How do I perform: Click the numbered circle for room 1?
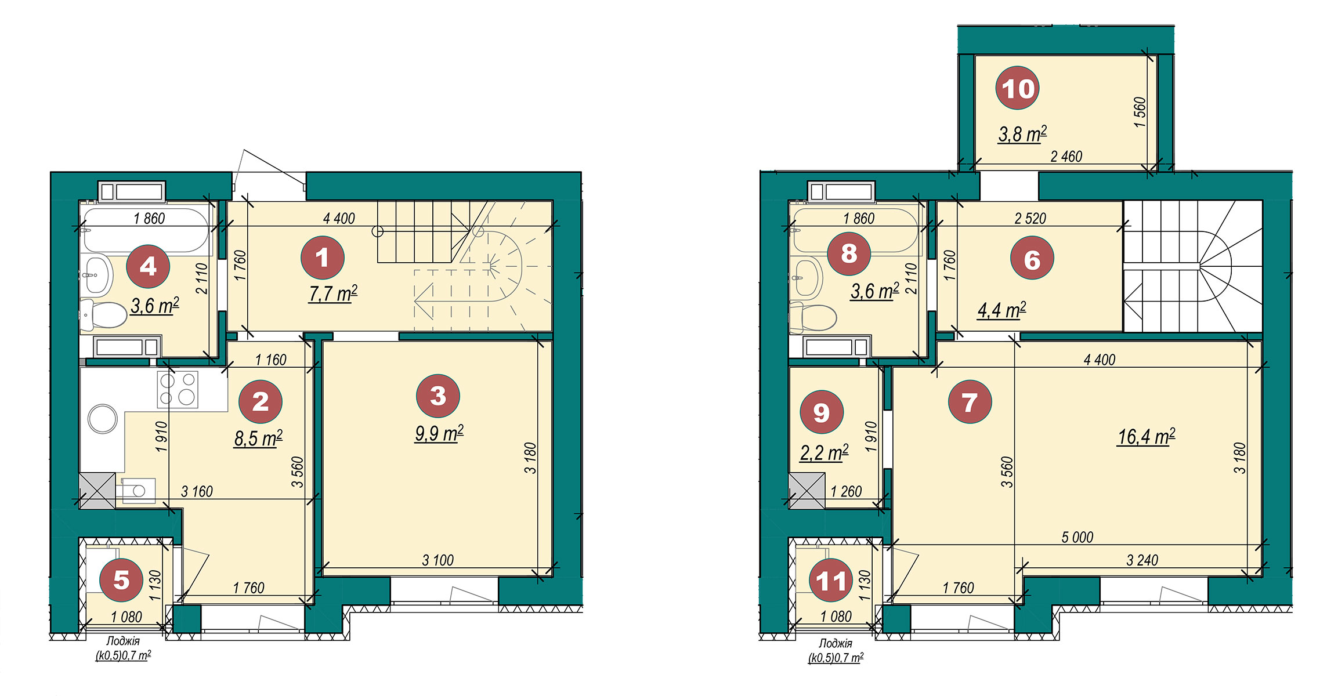322,258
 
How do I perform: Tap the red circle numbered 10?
1017,88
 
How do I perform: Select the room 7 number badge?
970,401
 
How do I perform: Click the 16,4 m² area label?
1147,437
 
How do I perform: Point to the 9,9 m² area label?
439,433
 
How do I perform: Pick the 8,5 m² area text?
258,438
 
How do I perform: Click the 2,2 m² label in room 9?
824,452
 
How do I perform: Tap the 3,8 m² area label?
1022,134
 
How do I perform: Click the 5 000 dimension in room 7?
1077,537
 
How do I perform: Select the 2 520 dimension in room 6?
1030,218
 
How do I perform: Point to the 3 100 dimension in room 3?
437,560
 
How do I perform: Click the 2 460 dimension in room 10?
1066,156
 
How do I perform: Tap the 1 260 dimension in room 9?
846,491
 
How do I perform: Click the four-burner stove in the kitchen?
178,389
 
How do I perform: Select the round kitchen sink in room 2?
103,419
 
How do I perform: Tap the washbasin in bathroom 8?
807,278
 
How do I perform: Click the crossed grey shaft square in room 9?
807,491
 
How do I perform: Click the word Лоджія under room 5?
123,641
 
